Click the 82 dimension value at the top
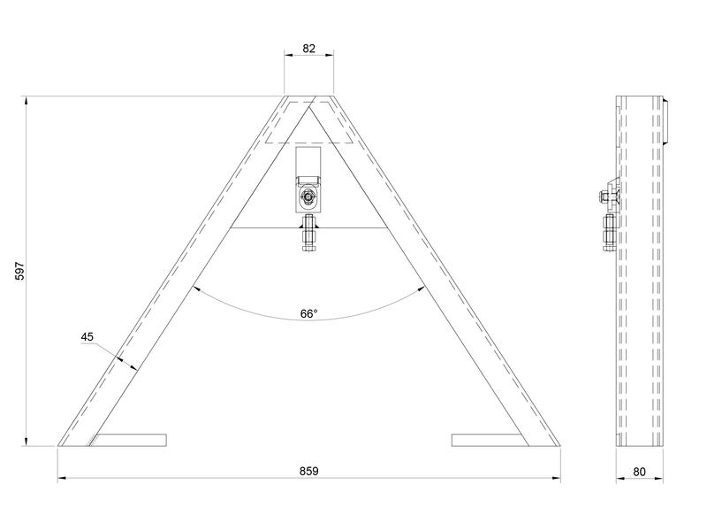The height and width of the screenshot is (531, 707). (x=309, y=49)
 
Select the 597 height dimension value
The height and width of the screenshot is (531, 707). (x=19, y=272)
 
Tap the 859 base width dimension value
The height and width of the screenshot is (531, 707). (x=308, y=472)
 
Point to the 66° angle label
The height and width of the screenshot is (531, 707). (x=308, y=313)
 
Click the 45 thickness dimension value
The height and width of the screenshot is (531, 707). (x=87, y=336)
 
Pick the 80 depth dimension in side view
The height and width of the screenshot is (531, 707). (x=640, y=472)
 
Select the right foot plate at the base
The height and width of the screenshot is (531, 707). (x=488, y=440)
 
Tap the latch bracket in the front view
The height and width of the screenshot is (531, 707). (x=309, y=181)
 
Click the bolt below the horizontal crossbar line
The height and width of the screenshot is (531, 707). (x=309, y=236)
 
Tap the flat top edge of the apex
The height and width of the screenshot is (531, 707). (x=309, y=94)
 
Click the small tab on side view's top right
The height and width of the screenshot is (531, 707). (x=665, y=121)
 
